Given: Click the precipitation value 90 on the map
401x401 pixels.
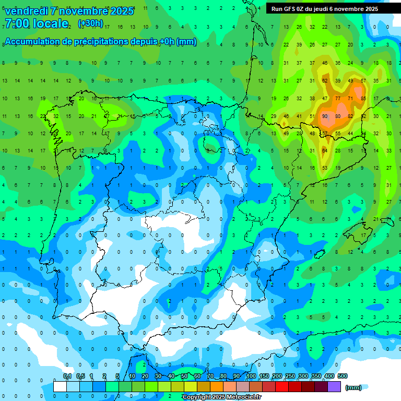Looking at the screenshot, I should [325, 116].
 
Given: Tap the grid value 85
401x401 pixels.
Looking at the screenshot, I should [363, 98].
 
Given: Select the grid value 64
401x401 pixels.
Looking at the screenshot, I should [325, 151].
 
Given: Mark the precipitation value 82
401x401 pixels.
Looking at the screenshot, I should [350, 116].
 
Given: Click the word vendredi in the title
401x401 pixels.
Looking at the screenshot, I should [27, 11].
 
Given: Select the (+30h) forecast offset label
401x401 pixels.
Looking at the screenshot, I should [90, 23].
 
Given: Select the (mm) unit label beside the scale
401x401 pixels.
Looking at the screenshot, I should [353, 387].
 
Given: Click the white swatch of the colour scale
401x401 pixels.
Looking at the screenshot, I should [60, 387].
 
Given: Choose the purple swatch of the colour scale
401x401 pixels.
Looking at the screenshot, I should [335, 387].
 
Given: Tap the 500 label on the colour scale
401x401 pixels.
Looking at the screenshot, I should [343, 376].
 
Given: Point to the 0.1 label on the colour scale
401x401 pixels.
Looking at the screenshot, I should [67, 376].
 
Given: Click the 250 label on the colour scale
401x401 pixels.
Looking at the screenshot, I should [290, 376].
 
